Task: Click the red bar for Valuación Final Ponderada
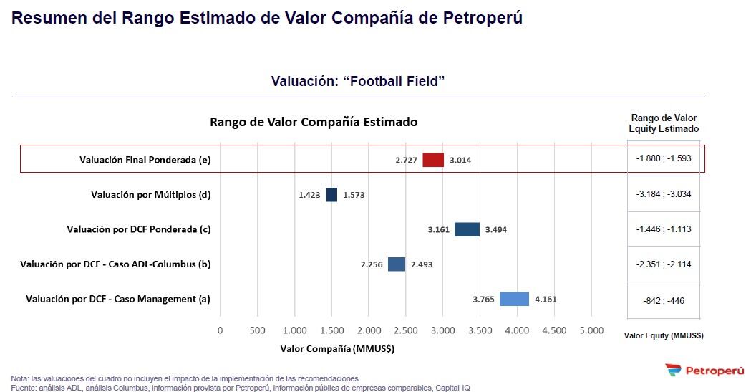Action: (433, 160)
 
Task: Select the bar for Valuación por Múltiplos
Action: (331, 195)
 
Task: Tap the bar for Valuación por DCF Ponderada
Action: (467, 229)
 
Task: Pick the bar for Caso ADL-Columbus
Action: (397, 264)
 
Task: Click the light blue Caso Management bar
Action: (514, 300)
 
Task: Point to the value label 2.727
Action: (406, 161)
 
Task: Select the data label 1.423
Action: (310, 195)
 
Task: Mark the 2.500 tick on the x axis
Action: (406, 330)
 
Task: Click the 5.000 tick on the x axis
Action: (591, 330)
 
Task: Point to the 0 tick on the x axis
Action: (220, 330)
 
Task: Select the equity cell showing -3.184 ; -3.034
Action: (664, 194)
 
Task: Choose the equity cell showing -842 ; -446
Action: (664, 301)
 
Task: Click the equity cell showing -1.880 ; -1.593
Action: (664, 158)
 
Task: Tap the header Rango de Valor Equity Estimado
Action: (664, 123)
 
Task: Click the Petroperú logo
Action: (704, 371)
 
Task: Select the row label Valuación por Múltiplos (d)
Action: (151, 195)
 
